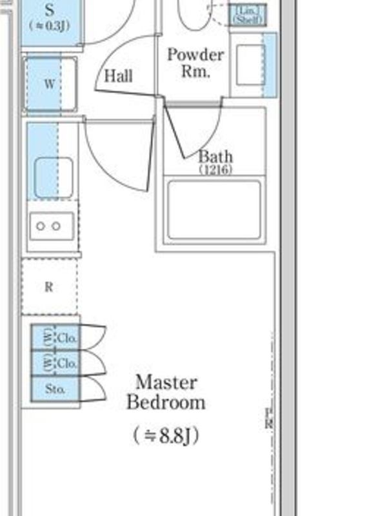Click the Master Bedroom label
coord(166,392)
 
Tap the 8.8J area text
coord(166,435)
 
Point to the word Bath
coord(215,157)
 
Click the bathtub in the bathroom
coord(214,210)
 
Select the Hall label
coord(119,77)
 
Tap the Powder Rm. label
coord(195,63)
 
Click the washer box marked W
coord(50,84)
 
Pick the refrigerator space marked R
coord(49,287)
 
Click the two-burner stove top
coord(50,226)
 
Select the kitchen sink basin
coord(53,177)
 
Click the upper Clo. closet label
coord(67,338)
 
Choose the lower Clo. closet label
coord(67,364)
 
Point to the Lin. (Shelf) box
coord(245,15)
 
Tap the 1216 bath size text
coord(215,170)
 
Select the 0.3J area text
coord(50,25)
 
